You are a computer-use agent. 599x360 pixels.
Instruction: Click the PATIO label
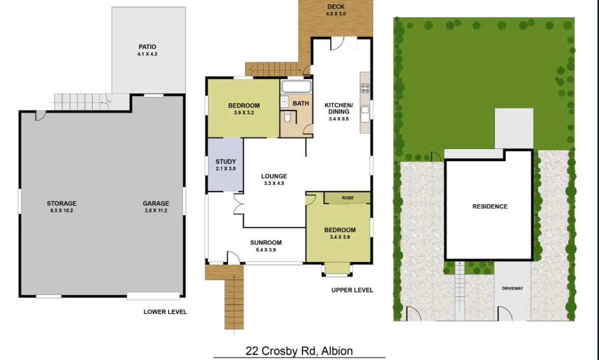(147, 47)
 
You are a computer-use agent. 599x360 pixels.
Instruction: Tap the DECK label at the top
(335, 7)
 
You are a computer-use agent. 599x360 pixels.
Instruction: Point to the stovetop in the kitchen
(365, 88)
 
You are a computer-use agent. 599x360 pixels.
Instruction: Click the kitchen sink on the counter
(365, 114)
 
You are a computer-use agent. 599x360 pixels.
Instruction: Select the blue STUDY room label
(225, 162)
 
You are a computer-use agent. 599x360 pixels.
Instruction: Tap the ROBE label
(348, 197)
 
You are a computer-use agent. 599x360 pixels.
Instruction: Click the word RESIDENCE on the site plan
(489, 207)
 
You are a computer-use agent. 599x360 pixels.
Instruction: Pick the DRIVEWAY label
(512, 288)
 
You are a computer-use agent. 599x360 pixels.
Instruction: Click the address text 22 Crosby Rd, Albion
(299, 351)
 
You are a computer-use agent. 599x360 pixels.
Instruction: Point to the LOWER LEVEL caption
(165, 312)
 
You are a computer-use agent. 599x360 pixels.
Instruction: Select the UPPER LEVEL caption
(352, 290)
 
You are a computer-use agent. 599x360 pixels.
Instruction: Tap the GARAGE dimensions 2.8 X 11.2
(155, 210)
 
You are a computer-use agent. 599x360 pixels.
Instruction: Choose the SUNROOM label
(266, 243)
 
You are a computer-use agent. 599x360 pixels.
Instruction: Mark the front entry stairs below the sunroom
(235, 301)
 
